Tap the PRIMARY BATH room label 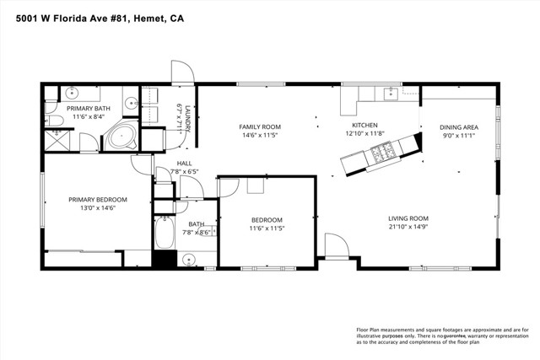pos(87,108)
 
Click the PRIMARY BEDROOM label pos(98,200)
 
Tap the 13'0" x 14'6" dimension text pos(98,208)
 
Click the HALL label pos(184,164)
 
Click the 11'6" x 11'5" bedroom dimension pos(268,228)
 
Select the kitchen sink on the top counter pos(390,93)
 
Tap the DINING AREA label pos(459,127)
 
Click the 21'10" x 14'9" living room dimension pos(408,226)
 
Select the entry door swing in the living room pos(337,247)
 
